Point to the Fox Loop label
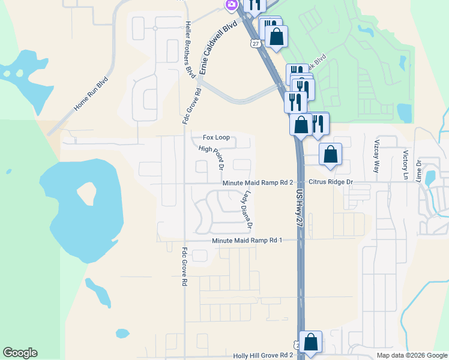(216, 137)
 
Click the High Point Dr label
(211, 158)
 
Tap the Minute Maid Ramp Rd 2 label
(257, 182)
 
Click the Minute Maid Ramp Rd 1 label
(247, 241)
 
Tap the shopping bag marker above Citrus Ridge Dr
(330, 154)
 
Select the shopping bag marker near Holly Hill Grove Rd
(311, 342)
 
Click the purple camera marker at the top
(231, 5)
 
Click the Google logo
(20, 353)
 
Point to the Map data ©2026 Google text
(411, 355)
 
